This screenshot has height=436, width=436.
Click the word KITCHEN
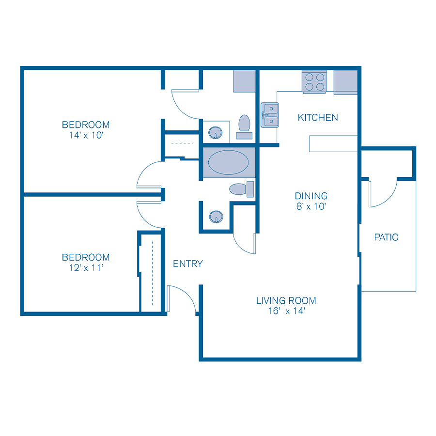point(318,117)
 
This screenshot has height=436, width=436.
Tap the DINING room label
point(311,196)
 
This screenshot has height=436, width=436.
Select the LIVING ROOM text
point(286,300)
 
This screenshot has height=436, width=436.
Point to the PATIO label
point(387,237)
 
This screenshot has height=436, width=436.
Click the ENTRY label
point(187,264)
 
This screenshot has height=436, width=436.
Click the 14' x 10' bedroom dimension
point(86,135)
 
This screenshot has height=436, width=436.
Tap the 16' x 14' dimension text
point(286,311)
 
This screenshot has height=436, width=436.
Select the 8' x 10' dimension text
point(311,207)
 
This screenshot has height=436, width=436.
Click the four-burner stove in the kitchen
point(314,81)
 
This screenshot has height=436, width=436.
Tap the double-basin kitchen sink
point(270,115)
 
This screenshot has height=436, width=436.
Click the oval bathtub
point(228,163)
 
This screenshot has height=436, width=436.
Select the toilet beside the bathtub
point(240,189)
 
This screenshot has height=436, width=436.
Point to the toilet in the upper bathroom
point(244,124)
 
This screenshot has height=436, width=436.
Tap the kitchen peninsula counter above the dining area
point(333,144)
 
